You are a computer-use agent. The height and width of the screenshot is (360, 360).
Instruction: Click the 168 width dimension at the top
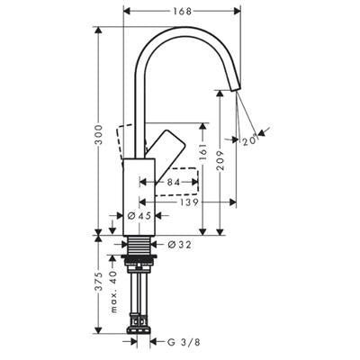[x=182, y=12]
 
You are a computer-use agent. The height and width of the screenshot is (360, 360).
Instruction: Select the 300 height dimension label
[x=99, y=135]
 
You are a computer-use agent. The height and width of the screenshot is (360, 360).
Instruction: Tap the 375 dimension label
[x=99, y=282]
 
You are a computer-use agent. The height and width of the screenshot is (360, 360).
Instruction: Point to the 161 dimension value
[x=202, y=152]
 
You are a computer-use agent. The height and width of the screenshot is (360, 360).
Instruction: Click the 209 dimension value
[x=220, y=160]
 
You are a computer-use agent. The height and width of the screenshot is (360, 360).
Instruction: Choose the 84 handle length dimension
[x=174, y=182]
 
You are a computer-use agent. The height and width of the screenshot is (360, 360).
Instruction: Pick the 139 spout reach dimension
[x=189, y=202]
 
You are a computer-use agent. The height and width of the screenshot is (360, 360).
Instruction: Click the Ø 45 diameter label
[x=139, y=215]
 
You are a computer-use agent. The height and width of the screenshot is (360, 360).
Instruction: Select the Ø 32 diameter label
[x=179, y=245]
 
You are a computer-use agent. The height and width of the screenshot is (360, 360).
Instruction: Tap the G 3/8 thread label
[x=184, y=342]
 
